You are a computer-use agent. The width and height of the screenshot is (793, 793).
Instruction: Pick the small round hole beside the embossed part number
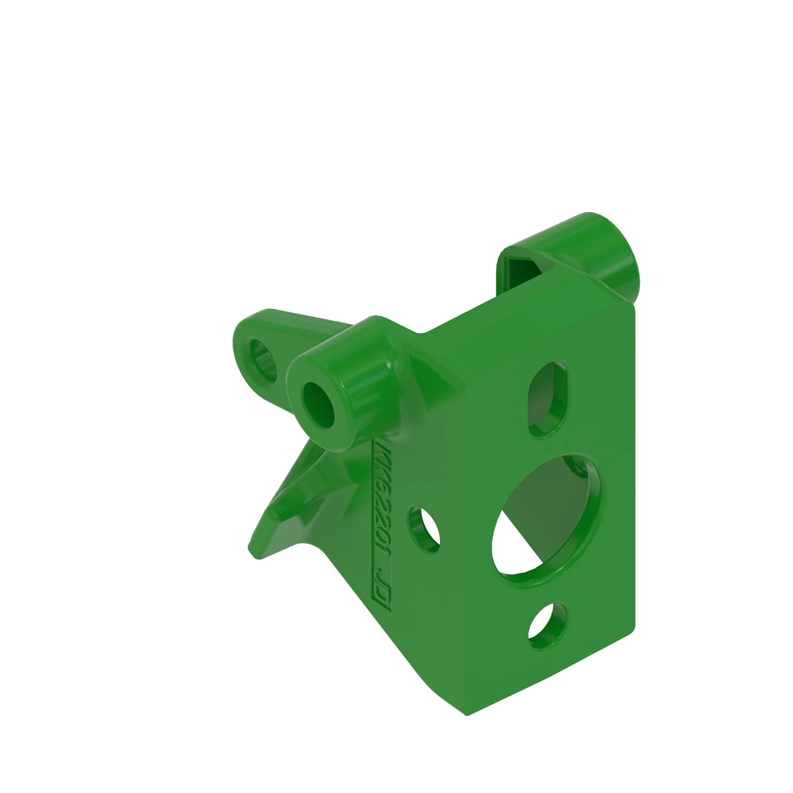424,529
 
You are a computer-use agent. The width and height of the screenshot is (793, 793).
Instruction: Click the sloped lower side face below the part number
397,648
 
